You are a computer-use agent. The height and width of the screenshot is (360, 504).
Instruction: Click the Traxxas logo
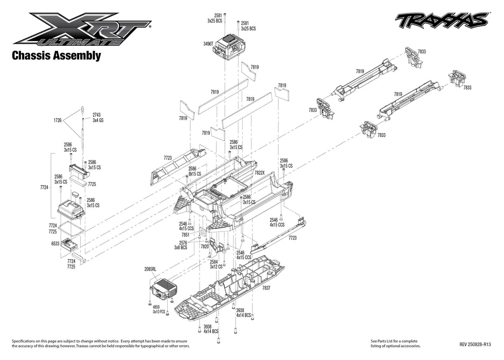pyautogui.click(x=441, y=20)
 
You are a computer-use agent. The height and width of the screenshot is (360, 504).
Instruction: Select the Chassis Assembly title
pyautogui.click(x=56, y=56)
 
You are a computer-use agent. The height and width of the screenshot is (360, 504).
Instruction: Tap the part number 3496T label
pyautogui.click(x=209, y=44)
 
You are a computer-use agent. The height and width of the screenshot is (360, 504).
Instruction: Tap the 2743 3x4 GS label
pyautogui.click(x=98, y=117)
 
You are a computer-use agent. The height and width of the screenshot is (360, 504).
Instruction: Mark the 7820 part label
pyautogui.click(x=205, y=246)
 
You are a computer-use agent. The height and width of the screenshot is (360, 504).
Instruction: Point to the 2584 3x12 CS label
pyautogui.click(x=216, y=264)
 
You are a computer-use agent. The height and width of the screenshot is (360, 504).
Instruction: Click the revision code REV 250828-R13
pyautogui.click(x=475, y=344)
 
